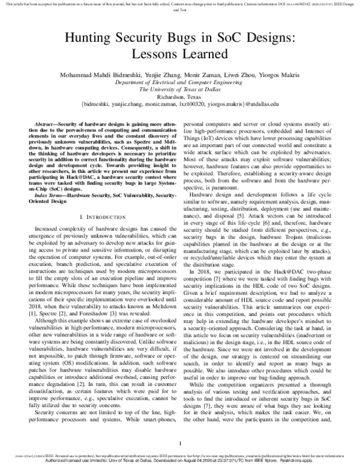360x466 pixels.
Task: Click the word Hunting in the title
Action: [x=86, y=38]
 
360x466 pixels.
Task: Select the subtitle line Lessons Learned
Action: [x=180, y=54]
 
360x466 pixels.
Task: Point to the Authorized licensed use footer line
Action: [x=180, y=461]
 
